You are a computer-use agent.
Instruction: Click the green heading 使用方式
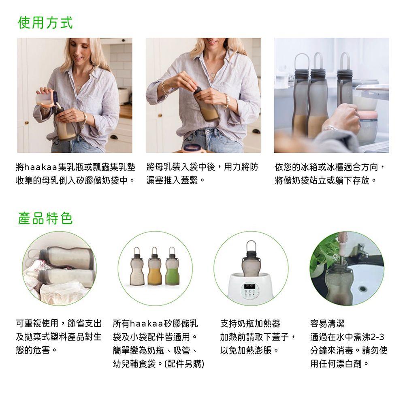click(x=45, y=22)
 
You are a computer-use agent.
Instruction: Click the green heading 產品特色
click(x=45, y=218)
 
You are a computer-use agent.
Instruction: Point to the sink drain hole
click(x=362, y=288)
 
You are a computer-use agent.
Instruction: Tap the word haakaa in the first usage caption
click(x=40, y=167)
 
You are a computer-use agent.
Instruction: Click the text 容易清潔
click(x=328, y=323)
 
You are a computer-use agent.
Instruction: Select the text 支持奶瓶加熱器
click(x=250, y=323)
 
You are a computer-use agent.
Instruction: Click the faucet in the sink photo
click(x=361, y=250)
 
